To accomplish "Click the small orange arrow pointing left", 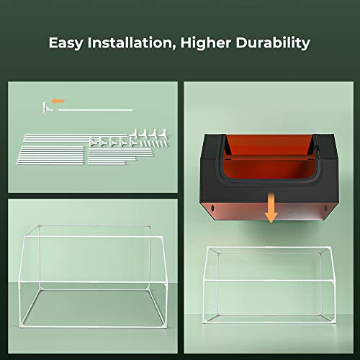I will pos(58,101).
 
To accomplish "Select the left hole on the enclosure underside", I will pos(215,209).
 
